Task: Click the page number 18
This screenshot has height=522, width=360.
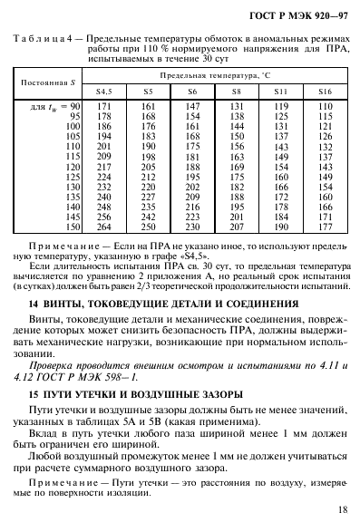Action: tap(338, 510)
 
